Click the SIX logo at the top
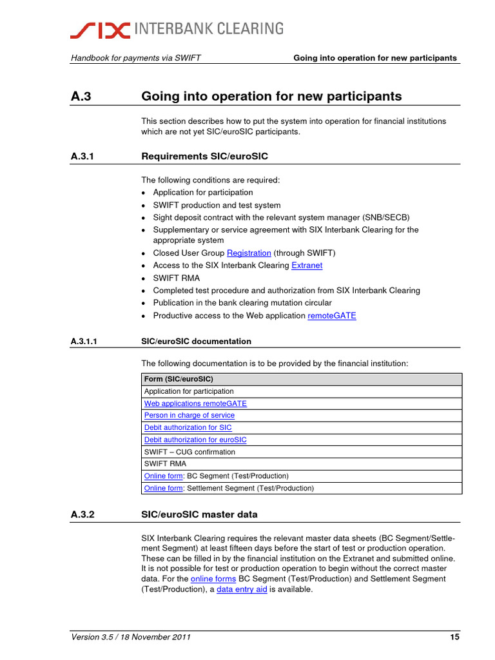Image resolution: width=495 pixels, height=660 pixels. [x=101, y=29]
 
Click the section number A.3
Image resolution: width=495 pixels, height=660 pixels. [x=82, y=97]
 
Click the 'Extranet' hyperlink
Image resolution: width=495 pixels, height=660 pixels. [x=307, y=266]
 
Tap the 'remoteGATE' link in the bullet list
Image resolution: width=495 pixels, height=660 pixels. [x=331, y=316]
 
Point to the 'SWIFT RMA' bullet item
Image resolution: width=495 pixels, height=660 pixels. [x=176, y=278]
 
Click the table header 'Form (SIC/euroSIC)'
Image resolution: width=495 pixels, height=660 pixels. [x=179, y=379]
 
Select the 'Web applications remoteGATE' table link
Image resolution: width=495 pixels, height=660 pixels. [x=195, y=403]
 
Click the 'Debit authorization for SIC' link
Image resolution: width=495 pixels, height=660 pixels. [x=188, y=427]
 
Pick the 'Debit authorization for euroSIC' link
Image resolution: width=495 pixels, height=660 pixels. [x=195, y=440]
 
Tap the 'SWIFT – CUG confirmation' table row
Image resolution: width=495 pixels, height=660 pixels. [x=189, y=452]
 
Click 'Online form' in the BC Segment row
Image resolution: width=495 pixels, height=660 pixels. [x=163, y=476]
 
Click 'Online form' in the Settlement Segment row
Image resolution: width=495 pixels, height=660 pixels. [x=163, y=488]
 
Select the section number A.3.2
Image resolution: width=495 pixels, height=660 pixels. [x=86, y=514]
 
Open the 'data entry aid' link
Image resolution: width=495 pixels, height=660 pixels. [x=242, y=590]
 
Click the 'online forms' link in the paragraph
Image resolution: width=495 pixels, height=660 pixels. [x=213, y=579]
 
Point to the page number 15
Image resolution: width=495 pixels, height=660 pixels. [x=454, y=637]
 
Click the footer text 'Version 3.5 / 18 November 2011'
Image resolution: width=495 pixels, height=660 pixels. [x=130, y=637]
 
